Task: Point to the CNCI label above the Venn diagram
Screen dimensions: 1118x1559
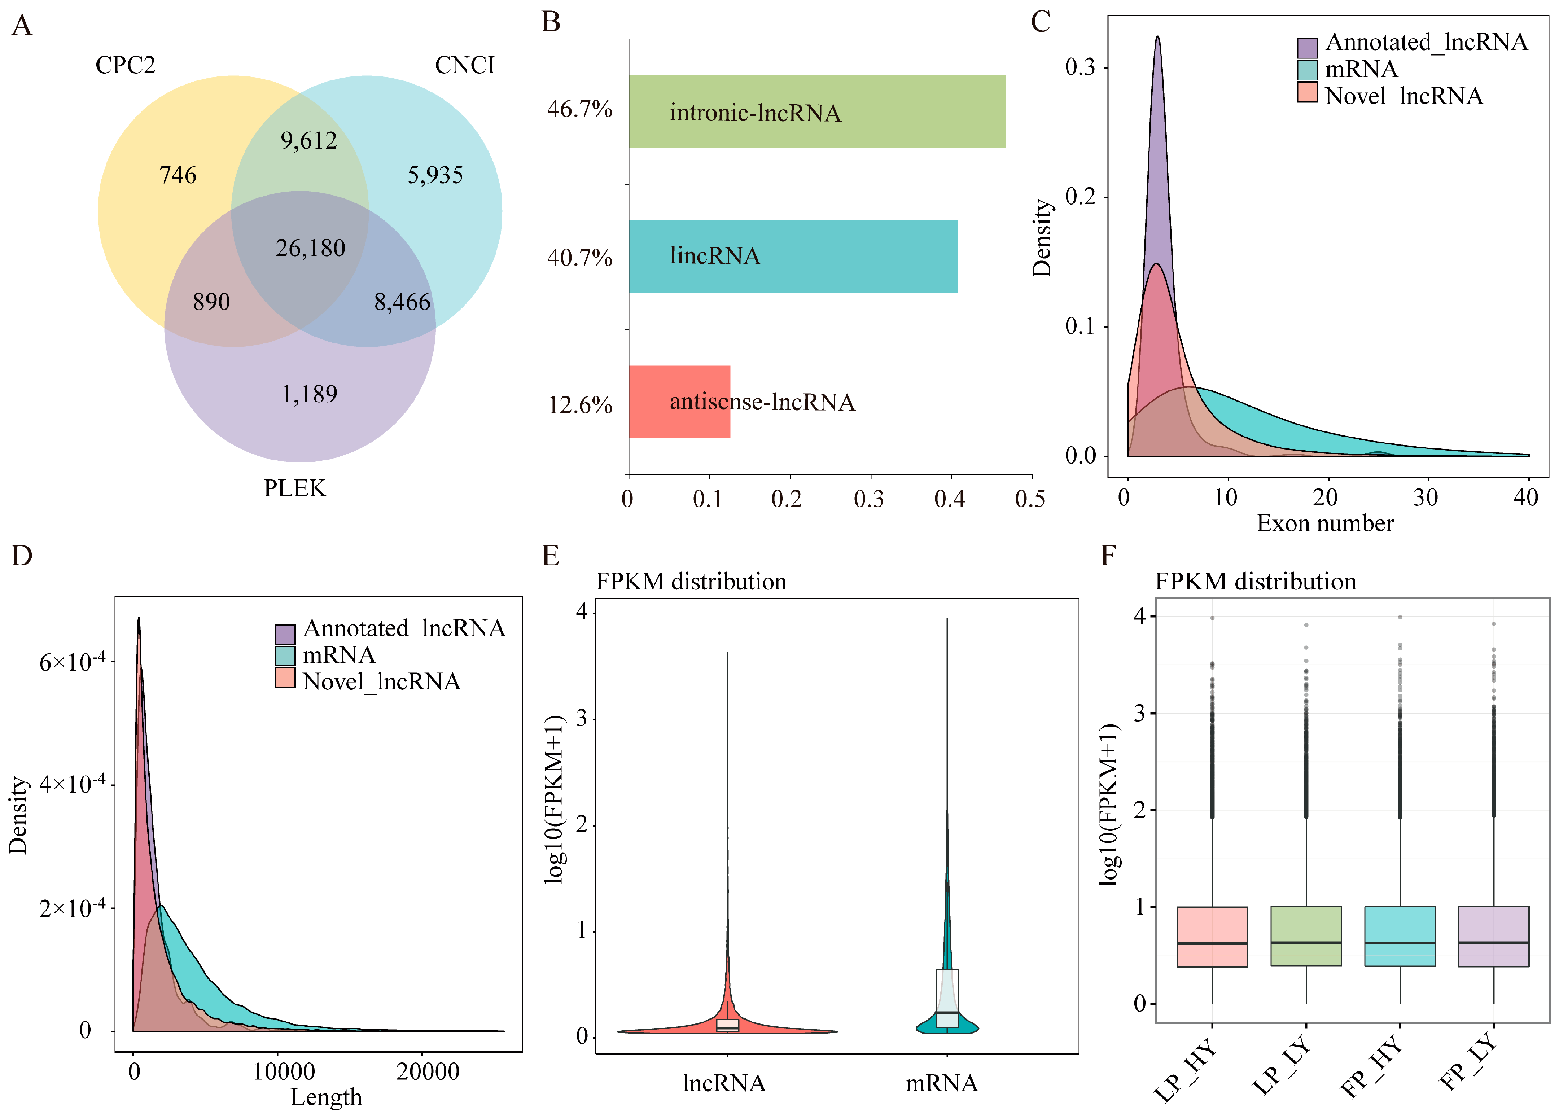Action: pos(465,65)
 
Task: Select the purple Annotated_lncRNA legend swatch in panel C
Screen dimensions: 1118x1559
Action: pos(1307,47)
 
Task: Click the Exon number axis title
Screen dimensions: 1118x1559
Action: pos(1324,523)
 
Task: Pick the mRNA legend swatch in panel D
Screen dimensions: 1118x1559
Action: pos(285,656)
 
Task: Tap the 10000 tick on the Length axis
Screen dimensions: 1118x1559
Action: pos(284,1071)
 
